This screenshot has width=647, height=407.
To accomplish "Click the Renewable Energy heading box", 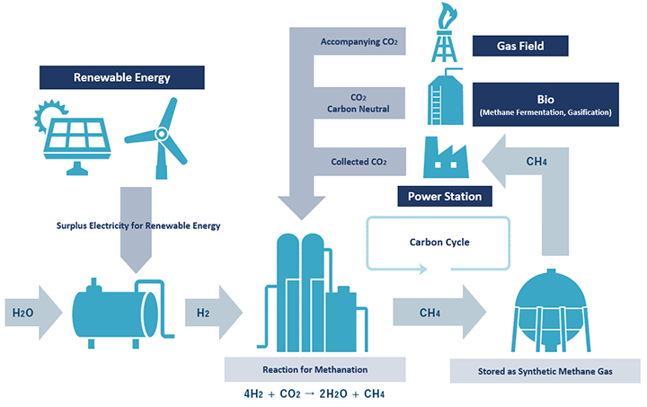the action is [121, 77].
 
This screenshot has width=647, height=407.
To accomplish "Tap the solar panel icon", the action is [73, 138].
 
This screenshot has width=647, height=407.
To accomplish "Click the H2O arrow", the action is [33, 313].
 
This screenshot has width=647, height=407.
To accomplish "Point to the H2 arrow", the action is [214, 313].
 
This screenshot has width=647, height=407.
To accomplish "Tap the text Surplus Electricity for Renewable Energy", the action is [138, 226].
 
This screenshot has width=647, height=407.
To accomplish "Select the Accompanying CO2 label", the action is [359, 41].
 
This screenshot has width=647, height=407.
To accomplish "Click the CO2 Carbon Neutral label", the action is [359, 103].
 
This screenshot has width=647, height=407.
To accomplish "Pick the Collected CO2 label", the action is [359, 162].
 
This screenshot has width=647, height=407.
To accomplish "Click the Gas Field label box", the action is [520, 46].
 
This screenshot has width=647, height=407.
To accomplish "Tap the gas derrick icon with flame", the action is [445, 32].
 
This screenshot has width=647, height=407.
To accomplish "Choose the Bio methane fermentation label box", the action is [545, 104].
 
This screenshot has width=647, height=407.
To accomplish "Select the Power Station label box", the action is [445, 196].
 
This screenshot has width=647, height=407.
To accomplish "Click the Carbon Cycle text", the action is [439, 242].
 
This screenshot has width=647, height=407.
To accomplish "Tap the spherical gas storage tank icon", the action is [551, 311].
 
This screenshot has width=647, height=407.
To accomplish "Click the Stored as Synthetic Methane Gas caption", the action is [545, 371].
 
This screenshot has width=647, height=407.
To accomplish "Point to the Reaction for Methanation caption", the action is [315, 369].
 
